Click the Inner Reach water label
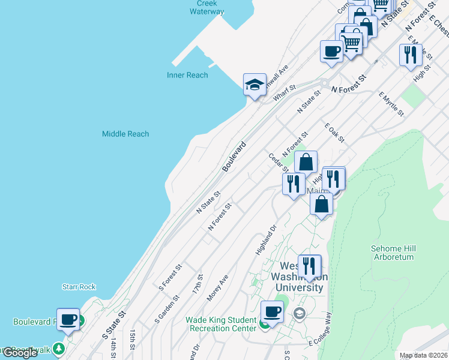187,75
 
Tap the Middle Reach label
125,134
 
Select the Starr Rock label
79,287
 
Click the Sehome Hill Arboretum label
393,252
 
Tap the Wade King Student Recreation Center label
221,324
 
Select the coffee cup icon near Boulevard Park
68,319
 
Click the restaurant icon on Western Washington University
309,266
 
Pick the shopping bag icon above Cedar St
306,162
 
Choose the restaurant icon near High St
411,55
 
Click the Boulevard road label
234,157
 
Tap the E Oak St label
334,133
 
